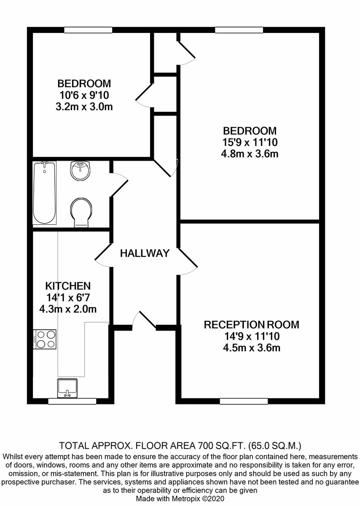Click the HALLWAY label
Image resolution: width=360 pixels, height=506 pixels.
click(145, 253)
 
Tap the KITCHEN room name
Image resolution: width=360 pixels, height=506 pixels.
click(68, 286)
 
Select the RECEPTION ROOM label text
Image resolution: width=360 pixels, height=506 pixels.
click(251, 325)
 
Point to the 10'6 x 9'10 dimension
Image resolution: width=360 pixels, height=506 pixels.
click(84, 95)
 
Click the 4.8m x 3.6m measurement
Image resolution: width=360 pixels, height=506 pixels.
click(250, 154)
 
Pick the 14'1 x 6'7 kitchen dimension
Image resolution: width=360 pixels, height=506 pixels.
click(68, 298)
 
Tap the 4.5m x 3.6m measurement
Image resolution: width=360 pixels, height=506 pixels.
click(252, 347)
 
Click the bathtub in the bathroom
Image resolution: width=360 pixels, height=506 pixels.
click(45, 193)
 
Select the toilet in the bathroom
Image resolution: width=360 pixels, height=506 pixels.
click(81, 213)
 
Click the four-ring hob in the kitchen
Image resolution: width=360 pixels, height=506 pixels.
click(45, 339)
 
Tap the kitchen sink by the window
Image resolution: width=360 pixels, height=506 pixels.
click(67, 388)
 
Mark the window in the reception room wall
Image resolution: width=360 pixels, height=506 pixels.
click(244, 401)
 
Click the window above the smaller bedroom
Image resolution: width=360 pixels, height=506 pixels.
click(88, 30)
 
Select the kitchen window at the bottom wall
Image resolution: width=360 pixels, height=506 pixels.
click(72, 401)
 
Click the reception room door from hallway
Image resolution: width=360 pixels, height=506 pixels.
click(188, 261)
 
